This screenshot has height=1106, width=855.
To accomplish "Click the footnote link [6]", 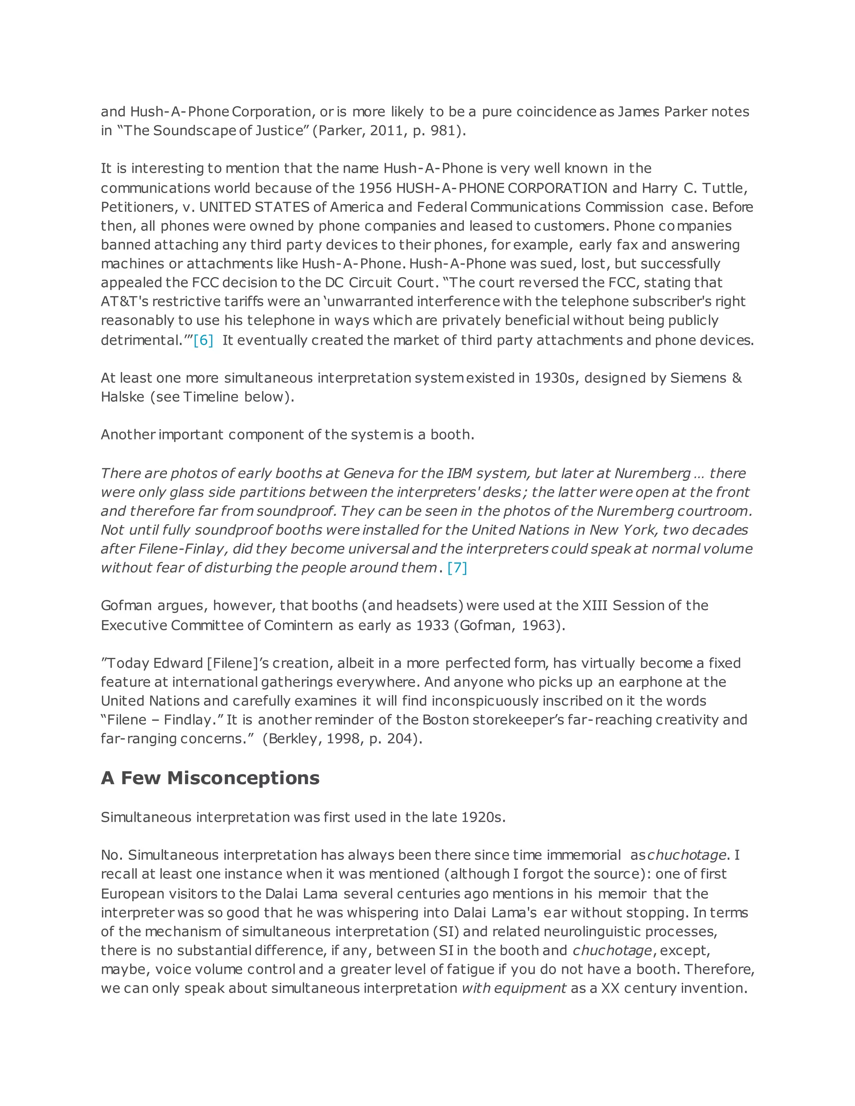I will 203,340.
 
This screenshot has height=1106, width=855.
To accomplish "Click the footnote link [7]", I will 457,568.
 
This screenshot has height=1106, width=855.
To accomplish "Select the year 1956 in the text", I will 375,188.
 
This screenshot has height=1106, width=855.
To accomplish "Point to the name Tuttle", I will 726,188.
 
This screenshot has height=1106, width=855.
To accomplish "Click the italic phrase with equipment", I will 514,988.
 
